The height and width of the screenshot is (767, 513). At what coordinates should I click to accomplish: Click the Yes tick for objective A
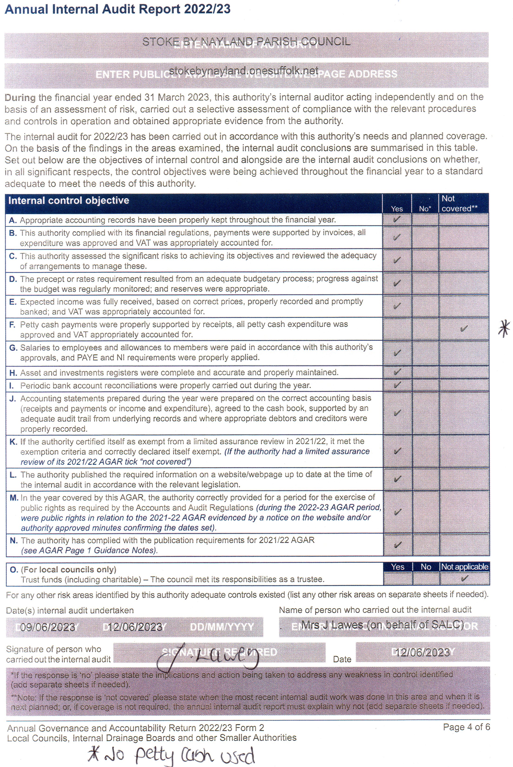pyautogui.click(x=397, y=219)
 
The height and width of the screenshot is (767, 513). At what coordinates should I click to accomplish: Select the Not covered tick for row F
pyautogui.click(x=464, y=328)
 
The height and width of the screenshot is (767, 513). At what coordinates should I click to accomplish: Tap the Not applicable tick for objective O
pyautogui.click(x=464, y=579)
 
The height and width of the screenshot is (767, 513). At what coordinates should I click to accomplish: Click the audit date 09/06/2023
pyautogui.click(x=47, y=627)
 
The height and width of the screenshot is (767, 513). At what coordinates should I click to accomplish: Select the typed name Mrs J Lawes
pyautogui.click(x=382, y=625)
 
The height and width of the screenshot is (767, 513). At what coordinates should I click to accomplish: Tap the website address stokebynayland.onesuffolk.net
pyautogui.click(x=243, y=71)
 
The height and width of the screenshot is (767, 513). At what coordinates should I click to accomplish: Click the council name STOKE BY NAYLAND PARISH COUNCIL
pyautogui.click(x=246, y=42)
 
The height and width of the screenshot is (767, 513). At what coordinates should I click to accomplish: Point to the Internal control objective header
pyautogui.click(x=69, y=200)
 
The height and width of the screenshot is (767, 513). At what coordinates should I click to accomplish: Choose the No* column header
pyautogui.click(x=425, y=208)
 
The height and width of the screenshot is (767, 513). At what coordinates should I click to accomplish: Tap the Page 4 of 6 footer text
pyautogui.click(x=466, y=727)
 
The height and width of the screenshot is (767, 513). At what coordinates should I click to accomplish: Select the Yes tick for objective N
pyautogui.click(x=397, y=545)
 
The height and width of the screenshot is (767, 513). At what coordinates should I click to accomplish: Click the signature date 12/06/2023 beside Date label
pyautogui.click(x=422, y=652)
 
